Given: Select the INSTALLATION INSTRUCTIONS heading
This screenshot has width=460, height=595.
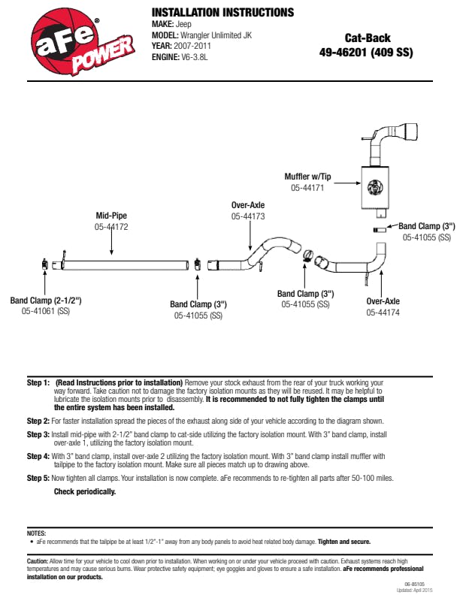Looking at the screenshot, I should [x=222, y=13].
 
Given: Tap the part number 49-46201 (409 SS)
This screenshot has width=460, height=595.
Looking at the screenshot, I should [x=367, y=53].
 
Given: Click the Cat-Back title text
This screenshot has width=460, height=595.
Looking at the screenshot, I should [x=368, y=38].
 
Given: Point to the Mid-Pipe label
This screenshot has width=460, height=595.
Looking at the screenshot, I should [x=111, y=216].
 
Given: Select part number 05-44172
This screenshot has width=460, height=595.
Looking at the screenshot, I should [x=111, y=226].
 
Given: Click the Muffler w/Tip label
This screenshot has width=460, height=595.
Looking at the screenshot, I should [x=307, y=177].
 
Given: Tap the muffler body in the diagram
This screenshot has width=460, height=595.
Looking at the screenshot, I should [x=374, y=188].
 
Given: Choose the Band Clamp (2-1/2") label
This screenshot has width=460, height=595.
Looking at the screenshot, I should [x=46, y=301].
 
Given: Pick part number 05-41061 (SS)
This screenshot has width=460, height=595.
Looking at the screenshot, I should [x=46, y=311].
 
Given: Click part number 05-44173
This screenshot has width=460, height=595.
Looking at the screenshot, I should [x=248, y=216].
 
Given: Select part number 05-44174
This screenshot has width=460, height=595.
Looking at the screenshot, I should [x=383, y=312].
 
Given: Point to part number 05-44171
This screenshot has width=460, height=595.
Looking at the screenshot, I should [x=307, y=188].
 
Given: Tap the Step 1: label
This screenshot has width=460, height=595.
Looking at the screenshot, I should [x=38, y=382].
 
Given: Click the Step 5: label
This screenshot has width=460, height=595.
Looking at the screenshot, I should [x=38, y=478].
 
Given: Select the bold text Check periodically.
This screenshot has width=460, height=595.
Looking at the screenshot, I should [x=85, y=491].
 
